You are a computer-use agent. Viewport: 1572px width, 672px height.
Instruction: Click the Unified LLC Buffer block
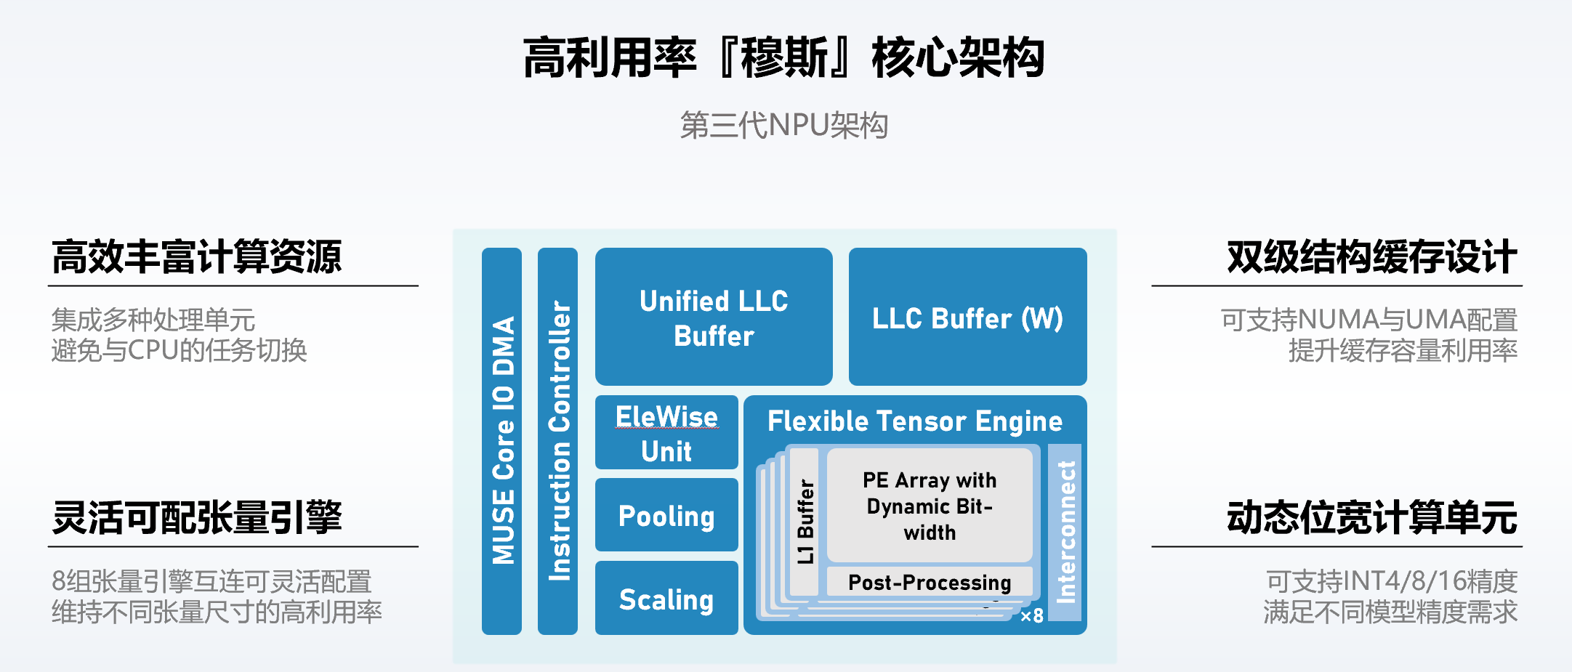[x=713, y=317]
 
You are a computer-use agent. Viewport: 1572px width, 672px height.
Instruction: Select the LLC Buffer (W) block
[x=967, y=317]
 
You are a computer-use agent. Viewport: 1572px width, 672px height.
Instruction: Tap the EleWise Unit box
[x=666, y=433]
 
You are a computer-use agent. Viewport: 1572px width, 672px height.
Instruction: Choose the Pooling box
[x=666, y=515]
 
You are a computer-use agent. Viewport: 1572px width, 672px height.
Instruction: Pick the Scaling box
[x=666, y=599]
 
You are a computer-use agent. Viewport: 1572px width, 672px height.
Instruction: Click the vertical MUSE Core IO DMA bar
[x=502, y=441]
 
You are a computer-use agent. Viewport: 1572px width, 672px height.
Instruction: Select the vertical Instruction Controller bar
[x=558, y=441]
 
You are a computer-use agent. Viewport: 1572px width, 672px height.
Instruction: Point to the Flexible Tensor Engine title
[x=915, y=421]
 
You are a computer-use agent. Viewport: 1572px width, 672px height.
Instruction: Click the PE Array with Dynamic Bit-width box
[x=930, y=506]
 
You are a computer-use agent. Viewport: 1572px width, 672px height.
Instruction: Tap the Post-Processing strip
[x=930, y=582]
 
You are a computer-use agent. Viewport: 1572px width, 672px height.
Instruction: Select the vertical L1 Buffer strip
[x=805, y=521]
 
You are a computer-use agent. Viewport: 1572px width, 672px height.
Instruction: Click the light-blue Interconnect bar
[x=1065, y=533]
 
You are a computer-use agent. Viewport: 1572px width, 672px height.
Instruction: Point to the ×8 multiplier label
[x=1032, y=616]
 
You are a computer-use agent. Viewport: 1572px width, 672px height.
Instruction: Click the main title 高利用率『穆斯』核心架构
[x=784, y=57]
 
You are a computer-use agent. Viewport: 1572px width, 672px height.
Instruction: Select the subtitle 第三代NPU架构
[x=784, y=125]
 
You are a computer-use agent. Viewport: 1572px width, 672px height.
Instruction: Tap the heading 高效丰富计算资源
[x=196, y=257]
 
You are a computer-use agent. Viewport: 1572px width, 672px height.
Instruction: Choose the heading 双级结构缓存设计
[x=1372, y=257]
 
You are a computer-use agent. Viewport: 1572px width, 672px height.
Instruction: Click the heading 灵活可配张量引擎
[x=196, y=518]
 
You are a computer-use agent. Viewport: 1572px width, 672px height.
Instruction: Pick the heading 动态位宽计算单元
[x=1372, y=518]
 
